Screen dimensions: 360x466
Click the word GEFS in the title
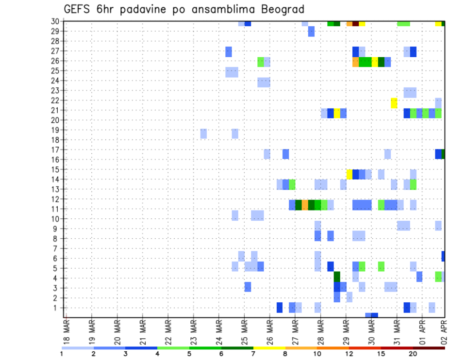(77, 10)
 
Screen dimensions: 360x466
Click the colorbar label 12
(349, 354)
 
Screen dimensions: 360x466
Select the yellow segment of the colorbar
(269, 348)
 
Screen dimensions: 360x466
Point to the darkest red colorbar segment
(429, 348)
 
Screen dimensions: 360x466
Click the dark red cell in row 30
(355, 23)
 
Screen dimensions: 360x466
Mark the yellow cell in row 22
(394, 103)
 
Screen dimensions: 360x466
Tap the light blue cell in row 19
(203, 133)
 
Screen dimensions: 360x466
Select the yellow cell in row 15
(349, 174)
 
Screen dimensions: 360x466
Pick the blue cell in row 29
(311, 32)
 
